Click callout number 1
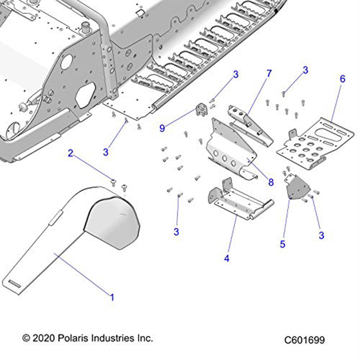112,298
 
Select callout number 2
71,154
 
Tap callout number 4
227,258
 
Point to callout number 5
283,244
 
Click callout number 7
269,73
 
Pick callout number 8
271,183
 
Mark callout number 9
162,128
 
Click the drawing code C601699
304,340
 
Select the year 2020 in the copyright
42,338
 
